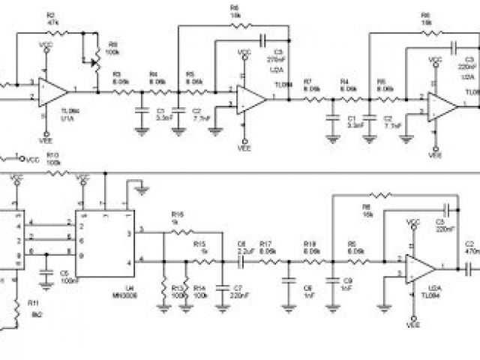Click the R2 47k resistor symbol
(57, 32)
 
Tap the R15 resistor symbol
(201, 261)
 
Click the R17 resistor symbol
(266, 261)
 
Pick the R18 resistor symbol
(309, 261)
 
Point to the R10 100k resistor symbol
(54, 172)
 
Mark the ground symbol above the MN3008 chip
(137, 184)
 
